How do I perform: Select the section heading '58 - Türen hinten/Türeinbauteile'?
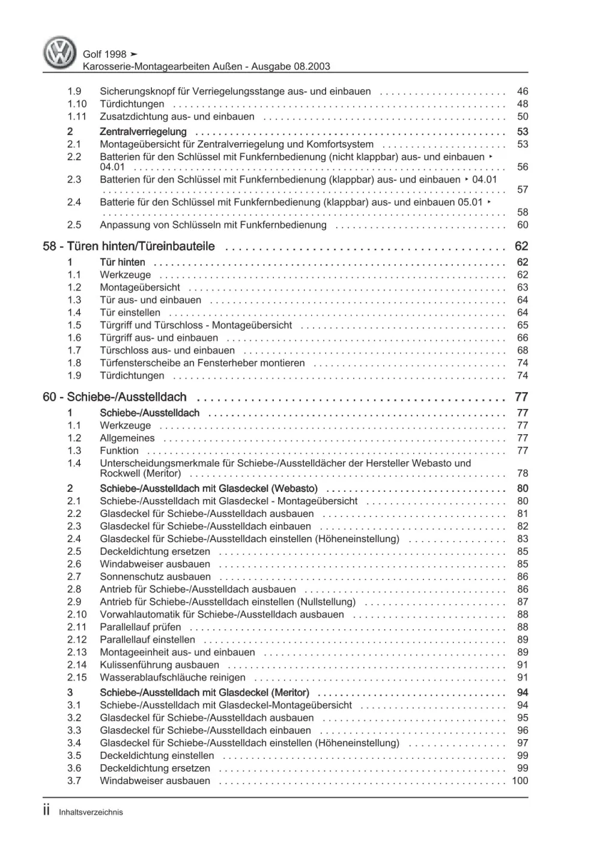pyautogui.click(x=129, y=246)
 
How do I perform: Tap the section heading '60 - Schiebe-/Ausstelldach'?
pyautogui.click(x=115, y=397)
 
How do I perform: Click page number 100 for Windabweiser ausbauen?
pyautogui.click(x=520, y=781)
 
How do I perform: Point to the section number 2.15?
pyautogui.click(x=77, y=677)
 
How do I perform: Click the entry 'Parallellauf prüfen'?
pyautogui.click(x=140, y=627)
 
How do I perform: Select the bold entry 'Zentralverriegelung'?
pyautogui.click(x=143, y=131)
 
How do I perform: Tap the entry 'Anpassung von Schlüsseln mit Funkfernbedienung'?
pyautogui.click(x=213, y=225)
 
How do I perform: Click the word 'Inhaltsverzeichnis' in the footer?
pyautogui.click(x=91, y=812)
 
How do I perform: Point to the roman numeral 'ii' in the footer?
pyautogui.click(x=47, y=811)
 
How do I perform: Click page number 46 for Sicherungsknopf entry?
pyautogui.click(x=522, y=91)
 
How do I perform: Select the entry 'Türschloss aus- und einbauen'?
pyautogui.click(x=167, y=350)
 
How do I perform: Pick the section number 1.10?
pyautogui.click(x=77, y=104)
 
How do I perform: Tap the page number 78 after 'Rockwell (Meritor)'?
pyautogui.click(x=522, y=473)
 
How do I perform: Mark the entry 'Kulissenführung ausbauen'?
pyautogui.click(x=159, y=665)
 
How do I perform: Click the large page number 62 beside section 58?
pyautogui.click(x=521, y=246)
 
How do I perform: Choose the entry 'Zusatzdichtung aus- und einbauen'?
pyautogui.click(x=177, y=116)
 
